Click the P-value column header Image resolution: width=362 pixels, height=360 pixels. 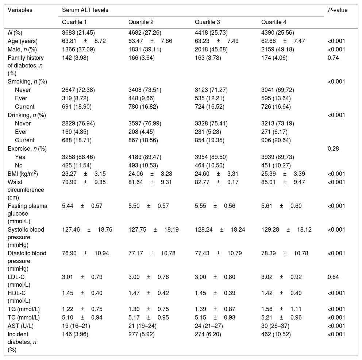(338, 10)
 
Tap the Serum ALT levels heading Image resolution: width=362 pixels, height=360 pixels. (85, 10)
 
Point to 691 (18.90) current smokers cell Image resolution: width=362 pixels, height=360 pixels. (76, 107)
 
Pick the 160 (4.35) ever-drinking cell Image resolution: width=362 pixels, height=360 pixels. (74, 132)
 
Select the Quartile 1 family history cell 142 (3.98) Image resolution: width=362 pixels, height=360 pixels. (74, 58)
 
